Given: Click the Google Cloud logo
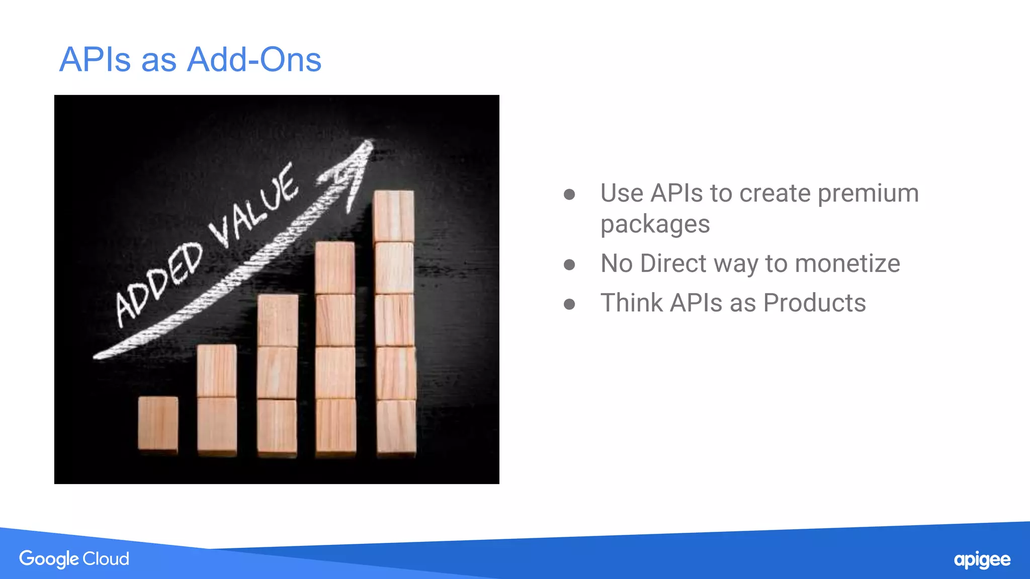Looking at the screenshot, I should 74,559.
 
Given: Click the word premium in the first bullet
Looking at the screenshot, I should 868,194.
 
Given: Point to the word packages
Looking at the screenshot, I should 655,224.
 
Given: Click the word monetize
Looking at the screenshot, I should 847,263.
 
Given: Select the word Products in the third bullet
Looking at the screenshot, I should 814,303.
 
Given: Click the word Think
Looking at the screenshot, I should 632,303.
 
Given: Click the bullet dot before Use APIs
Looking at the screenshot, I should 569,195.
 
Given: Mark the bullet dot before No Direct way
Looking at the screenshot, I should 569,264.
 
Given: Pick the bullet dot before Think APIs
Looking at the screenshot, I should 569,304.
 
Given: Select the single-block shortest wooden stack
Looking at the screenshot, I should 158,423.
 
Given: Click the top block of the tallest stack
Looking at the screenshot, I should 394,216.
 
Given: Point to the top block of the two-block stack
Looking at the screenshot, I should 217,370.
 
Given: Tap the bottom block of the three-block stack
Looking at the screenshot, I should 277,427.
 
